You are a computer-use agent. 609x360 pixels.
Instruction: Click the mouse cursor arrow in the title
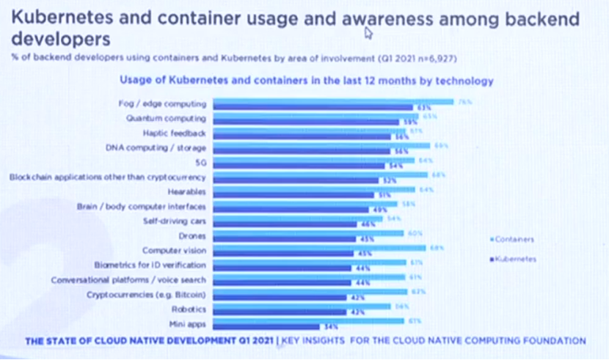click(368, 32)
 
